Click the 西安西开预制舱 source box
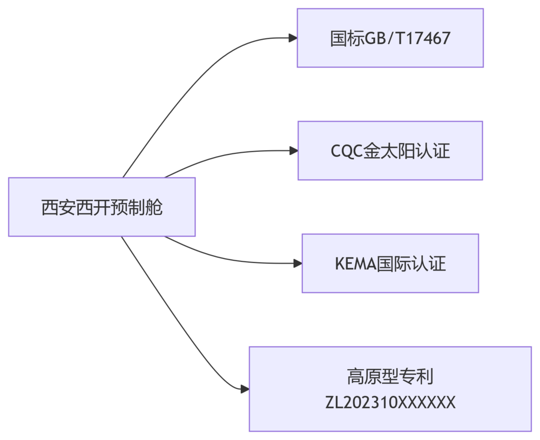(102, 207)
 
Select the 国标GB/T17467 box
(390, 38)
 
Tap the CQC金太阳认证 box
(390, 151)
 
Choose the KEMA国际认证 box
(390, 263)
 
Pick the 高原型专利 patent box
(390, 389)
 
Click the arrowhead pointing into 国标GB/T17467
(293, 38)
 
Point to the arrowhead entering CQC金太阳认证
(294, 151)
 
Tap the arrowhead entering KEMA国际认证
(298, 263)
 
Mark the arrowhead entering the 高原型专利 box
(245, 389)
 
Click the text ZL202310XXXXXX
(390, 402)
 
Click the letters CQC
(346, 151)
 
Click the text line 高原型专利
(390, 376)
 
